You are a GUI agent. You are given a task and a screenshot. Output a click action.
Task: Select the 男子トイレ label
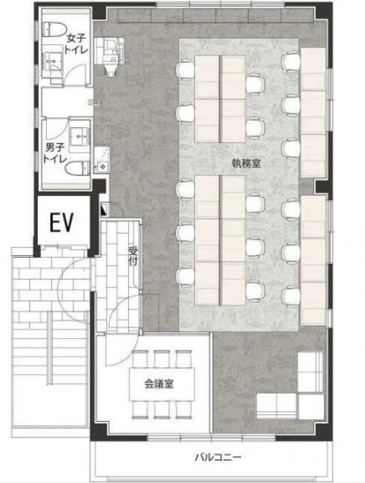[55, 153]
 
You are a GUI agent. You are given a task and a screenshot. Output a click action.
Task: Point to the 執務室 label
[246, 164]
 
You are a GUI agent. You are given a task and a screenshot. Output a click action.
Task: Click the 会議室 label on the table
[159, 384]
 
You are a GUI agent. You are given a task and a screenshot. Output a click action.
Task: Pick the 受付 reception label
[133, 256]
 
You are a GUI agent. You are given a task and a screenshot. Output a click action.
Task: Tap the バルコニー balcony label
[218, 457]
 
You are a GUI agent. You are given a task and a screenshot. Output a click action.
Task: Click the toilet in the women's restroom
[55, 30]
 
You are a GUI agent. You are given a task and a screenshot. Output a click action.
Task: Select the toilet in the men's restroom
[77, 168]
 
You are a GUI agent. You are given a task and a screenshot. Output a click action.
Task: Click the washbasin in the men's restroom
[79, 137]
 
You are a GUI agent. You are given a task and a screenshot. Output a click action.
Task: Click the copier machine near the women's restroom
[110, 54]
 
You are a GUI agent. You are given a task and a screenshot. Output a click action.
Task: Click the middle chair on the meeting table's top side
[162, 359]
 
